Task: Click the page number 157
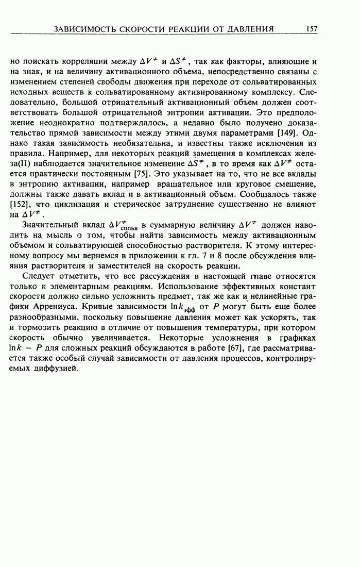point(311,29)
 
